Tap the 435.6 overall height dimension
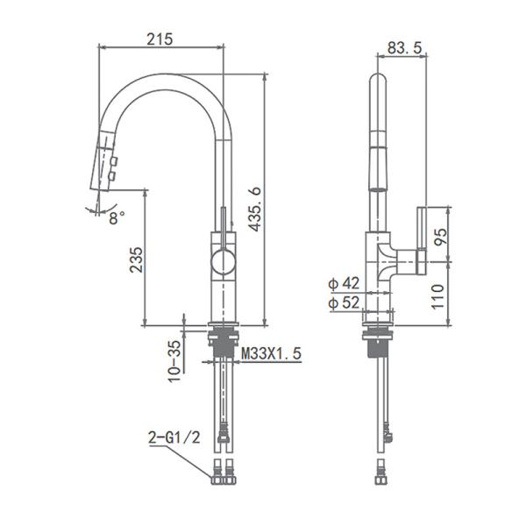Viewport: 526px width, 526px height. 254,209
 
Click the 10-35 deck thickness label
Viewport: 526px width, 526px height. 174,359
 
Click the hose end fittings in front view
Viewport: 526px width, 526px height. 224,473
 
